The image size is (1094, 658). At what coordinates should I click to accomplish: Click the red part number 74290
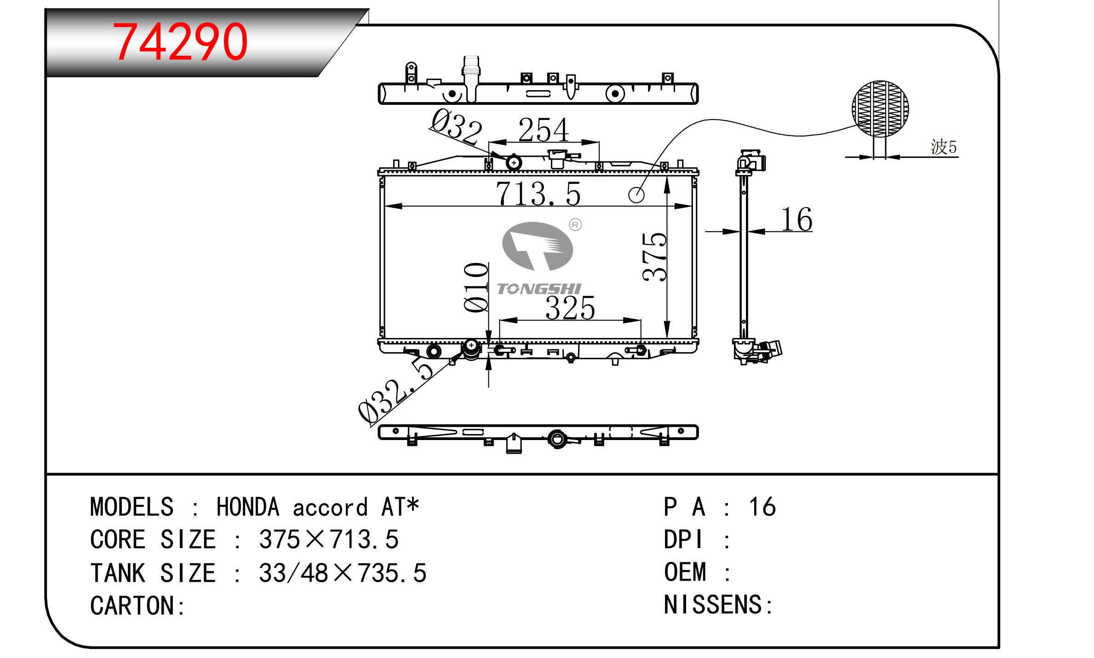[x=180, y=42]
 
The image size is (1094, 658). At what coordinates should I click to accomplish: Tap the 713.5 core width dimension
[x=538, y=194]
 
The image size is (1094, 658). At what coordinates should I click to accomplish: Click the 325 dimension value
[x=570, y=308]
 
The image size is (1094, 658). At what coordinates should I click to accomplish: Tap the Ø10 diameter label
[x=476, y=288]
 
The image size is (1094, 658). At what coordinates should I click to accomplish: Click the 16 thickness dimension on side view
[x=796, y=219]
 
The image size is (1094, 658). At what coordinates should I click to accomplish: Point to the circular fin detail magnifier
[x=880, y=109]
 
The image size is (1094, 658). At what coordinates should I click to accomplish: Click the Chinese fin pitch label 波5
[x=944, y=147]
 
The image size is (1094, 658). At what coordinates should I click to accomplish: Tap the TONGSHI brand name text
[x=539, y=289]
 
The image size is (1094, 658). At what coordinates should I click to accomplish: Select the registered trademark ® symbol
[x=575, y=224]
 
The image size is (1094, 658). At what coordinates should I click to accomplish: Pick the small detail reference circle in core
[x=636, y=195]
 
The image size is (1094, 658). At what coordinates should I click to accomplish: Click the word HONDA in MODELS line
[x=247, y=507]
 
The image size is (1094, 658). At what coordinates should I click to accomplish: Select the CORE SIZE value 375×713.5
[x=328, y=540]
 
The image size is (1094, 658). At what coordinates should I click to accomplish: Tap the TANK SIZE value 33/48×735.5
[x=343, y=573]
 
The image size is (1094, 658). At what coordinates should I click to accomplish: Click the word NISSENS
[x=713, y=605]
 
